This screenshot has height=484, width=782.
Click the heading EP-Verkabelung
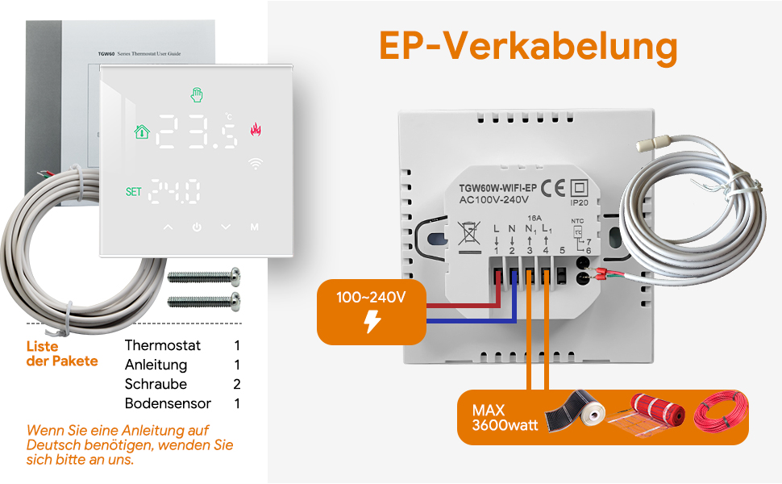coord(528,48)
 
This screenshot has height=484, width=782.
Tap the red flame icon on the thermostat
coord(256,130)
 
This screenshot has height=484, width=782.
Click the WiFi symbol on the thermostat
coord(256,163)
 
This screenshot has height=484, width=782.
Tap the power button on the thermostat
coord(197,227)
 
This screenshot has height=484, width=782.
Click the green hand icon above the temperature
coord(197,94)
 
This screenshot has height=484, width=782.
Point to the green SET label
coord(134,192)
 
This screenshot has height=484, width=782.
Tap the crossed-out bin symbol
coord(467,235)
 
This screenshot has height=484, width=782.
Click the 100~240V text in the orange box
coord(371,298)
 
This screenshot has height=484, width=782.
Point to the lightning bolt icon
coord(372,321)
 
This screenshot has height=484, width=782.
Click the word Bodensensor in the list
coord(168,403)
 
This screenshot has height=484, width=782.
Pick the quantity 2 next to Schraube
coord(237,384)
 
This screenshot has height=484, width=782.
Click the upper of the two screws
coord(205,277)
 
